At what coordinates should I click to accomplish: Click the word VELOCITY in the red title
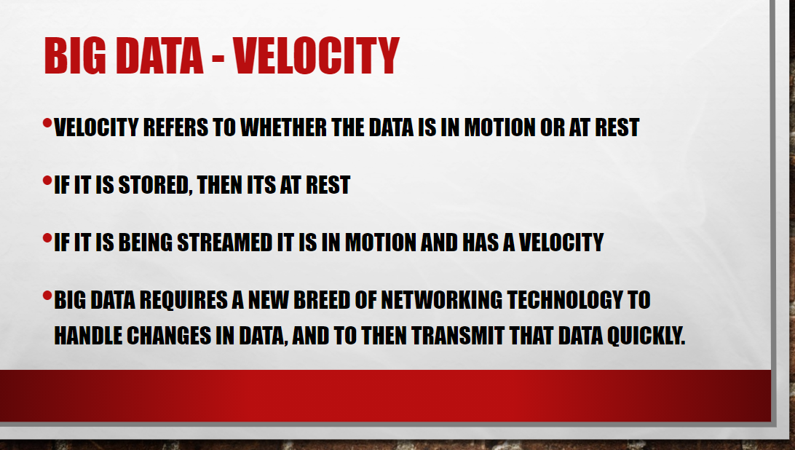click(x=317, y=56)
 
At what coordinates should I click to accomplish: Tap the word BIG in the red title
click(x=75, y=56)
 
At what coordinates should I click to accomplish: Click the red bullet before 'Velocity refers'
click(x=47, y=123)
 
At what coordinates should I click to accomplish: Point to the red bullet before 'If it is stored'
click(x=47, y=180)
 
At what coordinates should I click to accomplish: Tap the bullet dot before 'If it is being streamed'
click(x=47, y=237)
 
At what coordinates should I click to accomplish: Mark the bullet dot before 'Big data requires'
click(x=47, y=295)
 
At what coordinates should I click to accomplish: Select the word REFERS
click(x=176, y=127)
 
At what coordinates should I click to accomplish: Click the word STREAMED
click(x=225, y=242)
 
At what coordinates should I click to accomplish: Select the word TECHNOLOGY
click(x=565, y=300)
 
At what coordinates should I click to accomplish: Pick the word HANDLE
click(x=88, y=336)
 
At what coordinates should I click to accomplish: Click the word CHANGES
click(x=169, y=336)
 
